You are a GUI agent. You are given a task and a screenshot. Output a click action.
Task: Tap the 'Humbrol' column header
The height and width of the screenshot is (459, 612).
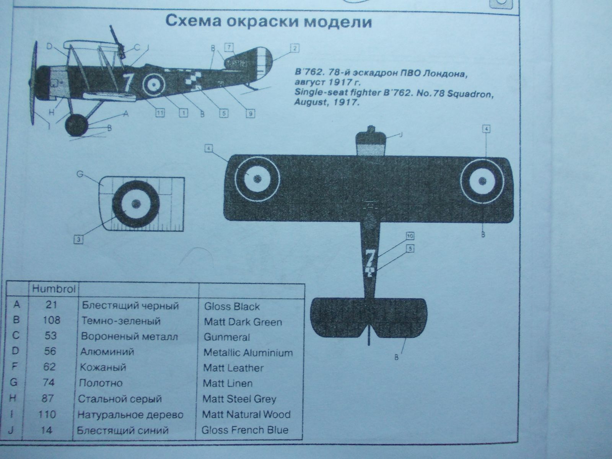tap(54, 289)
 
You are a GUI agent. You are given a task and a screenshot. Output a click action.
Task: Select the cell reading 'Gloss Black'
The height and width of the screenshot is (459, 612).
tap(232, 306)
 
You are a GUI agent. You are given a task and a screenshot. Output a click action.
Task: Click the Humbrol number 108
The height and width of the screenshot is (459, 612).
tap(51, 320)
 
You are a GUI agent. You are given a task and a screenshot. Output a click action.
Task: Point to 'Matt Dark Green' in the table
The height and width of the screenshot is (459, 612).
tap(243, 322)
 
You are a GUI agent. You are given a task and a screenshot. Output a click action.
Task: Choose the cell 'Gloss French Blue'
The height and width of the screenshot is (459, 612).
tap(245, 430)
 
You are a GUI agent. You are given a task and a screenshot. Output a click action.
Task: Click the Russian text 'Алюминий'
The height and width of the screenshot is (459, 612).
tap(107, 352)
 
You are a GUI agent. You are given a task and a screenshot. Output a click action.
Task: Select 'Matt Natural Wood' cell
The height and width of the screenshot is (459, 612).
tap(246, 415)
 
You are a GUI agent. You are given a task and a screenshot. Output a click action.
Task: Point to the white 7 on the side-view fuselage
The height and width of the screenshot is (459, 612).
tap(128, 81)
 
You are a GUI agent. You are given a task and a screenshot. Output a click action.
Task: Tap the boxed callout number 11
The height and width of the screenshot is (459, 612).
tap(160, 113)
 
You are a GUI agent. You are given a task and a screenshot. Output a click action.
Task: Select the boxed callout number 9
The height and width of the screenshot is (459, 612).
tap(251, 114)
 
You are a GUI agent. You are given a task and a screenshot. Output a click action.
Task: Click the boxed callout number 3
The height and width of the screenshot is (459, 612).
tap(78, 240)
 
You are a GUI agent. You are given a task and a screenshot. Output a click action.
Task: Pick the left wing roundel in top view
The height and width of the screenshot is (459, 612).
tap(257, 178)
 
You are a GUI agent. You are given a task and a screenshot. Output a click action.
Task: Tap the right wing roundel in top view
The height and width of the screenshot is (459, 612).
tap(482, 179)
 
